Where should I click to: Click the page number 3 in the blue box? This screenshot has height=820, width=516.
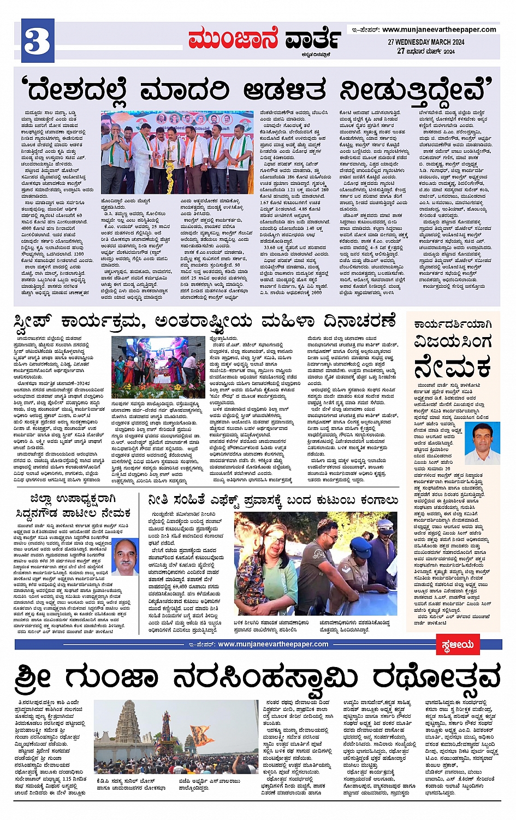[37, 40]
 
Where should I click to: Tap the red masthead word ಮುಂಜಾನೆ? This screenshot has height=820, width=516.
[233, 39]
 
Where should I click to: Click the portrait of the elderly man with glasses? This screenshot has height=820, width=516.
[125, 557]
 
